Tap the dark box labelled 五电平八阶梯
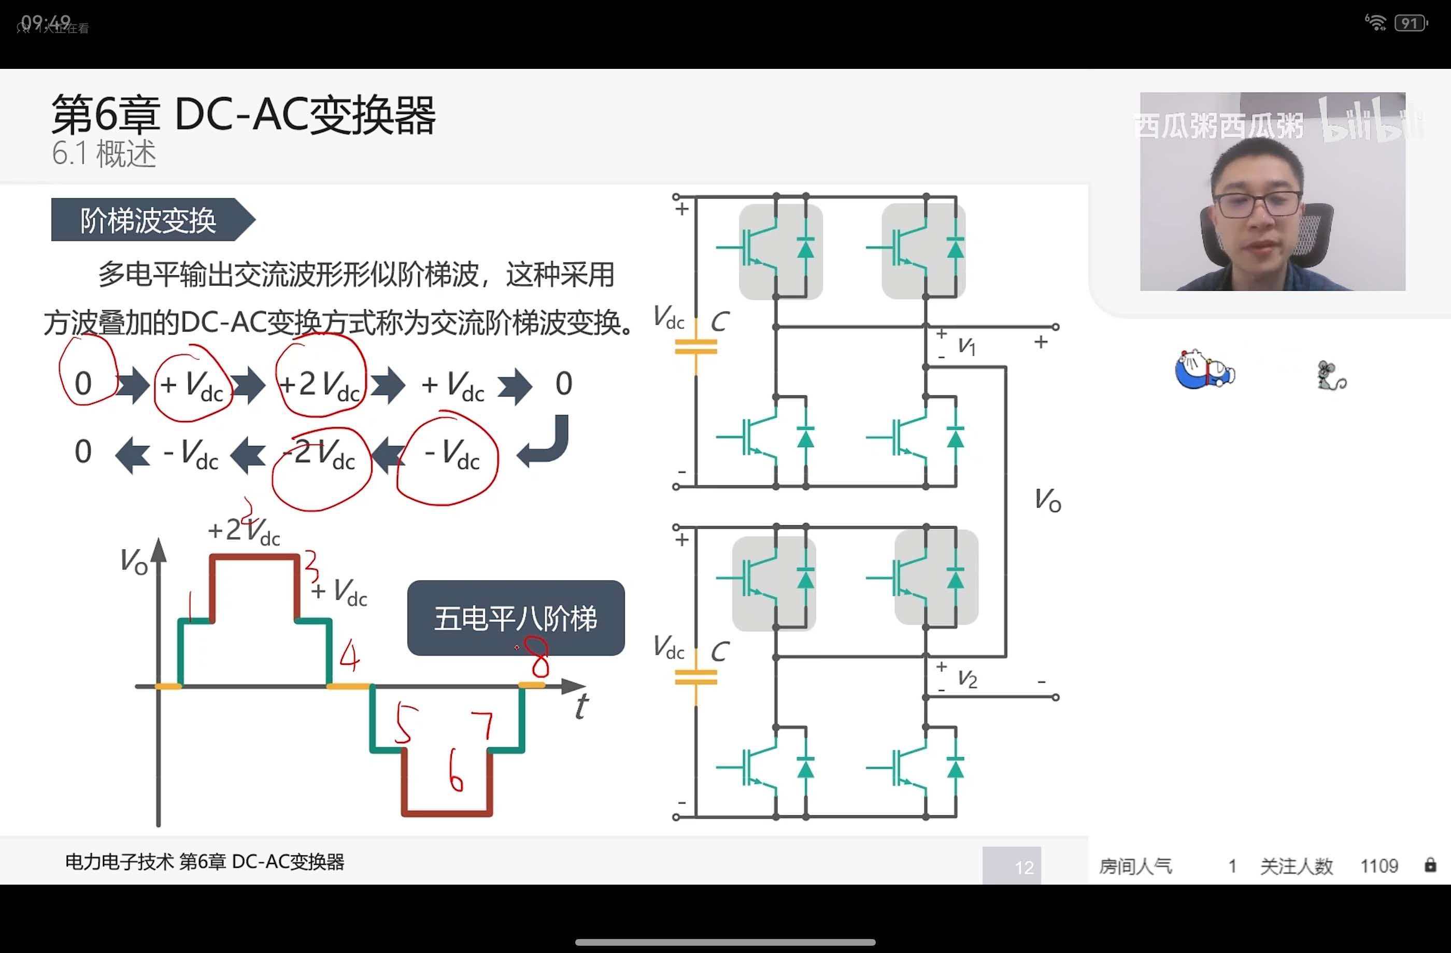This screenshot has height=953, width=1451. (516, 618)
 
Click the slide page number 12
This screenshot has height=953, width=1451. (1023, 867)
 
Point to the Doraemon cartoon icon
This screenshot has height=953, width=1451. (1205, 369)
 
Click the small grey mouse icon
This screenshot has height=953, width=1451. (1331, 376)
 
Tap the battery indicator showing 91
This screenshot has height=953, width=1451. (1410, 24)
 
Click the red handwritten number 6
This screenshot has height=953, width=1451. (456, 771)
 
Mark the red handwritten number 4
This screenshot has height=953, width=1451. (350, 656)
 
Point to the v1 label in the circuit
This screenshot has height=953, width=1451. (967, 346)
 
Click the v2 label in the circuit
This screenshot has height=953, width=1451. (968, 678)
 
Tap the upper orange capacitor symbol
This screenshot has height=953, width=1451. (695, 346)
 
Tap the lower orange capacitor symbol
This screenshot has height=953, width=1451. (695, 677)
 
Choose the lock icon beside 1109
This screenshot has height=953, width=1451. (1430, 865)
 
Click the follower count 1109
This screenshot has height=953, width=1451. (1379, 866)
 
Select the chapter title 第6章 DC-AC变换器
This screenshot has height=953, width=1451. (244, 115)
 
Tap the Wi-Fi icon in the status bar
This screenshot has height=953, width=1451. (1375, 23)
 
